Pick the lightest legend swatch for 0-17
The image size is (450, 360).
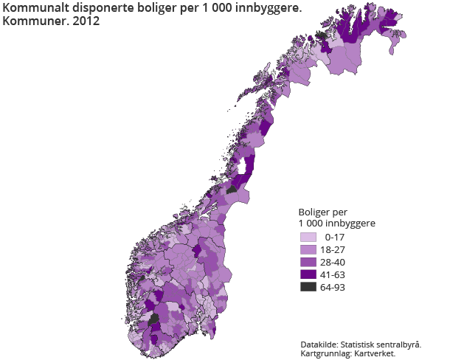(308, 238)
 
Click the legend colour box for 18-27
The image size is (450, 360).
(308, 250)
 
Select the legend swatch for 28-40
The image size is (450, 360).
(308, 263)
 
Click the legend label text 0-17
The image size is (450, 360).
(335, 238)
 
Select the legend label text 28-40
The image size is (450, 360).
(333, 263)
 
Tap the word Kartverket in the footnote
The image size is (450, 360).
(375, 353)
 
